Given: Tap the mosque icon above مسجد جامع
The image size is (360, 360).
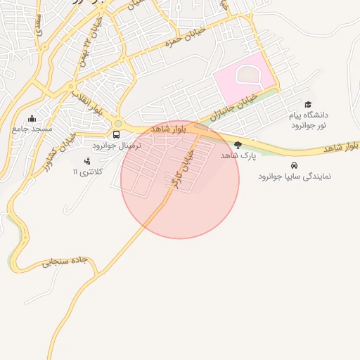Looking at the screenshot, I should [32, 118].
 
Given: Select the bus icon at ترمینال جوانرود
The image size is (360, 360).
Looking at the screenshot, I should [117, 134].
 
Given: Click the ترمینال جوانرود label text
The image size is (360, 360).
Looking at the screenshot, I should [117, 145].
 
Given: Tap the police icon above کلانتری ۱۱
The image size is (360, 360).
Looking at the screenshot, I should [87, 161].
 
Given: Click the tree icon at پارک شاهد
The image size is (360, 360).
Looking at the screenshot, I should [238, 146].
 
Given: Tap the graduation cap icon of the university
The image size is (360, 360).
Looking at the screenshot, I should [307, 104].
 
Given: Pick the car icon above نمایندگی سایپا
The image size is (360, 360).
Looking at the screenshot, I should [293, 165].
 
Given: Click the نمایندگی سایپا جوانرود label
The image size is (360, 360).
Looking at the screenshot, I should [293, 176].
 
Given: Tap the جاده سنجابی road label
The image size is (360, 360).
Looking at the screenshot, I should [65, 262].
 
